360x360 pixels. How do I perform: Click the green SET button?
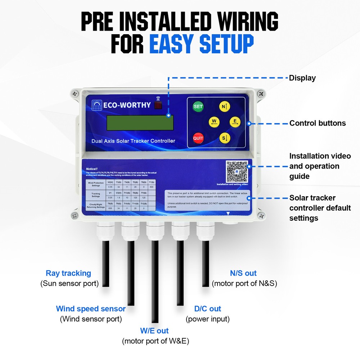pyautogui.click(x=198, y=107)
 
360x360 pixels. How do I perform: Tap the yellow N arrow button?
pyautogui.click(x=225, y=107)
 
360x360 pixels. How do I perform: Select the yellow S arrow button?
pyautogui.click(x=225, y=138)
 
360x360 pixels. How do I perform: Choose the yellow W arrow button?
pyautogui.click(x=214, y=122)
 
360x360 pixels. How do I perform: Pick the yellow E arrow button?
pyautogui.click(x=235, y=122)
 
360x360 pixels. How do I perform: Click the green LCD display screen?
pyautogui.click(x=140, y=123)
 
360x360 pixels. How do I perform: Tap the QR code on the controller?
pyautogui.click(x=237, y=171)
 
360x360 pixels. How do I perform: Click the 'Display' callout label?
pyautogui.click(x=302, y=78)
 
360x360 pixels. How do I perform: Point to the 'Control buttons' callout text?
pyautogui.click(x=318, y=123)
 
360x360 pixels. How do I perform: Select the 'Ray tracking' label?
pyautogui.click(x=68, y=273)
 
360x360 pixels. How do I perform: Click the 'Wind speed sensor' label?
pyautogui.click(x=91, y=309)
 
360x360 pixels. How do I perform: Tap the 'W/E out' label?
pyautogui.click(x=154, y=330)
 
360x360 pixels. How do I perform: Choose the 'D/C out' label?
pyautogui.click(x=208, y=309)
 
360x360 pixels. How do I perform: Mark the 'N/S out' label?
pyautogui.click(x=243, y=273)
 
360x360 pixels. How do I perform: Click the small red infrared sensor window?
pyautogui.click(x=158, y=105)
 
